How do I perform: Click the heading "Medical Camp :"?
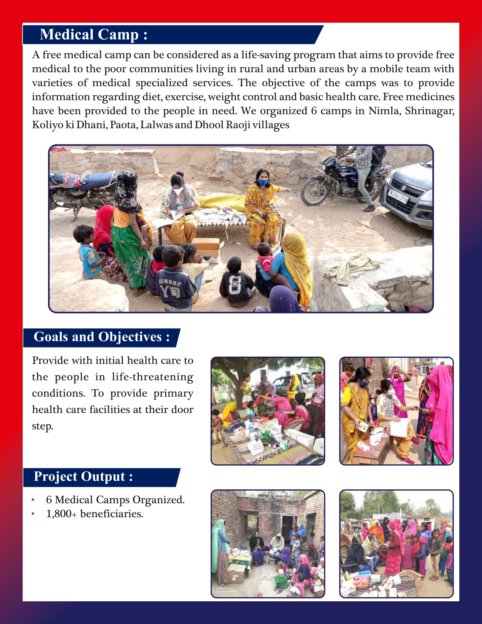pyautogui.click(x=93, y=35)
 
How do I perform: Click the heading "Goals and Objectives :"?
pyautogui.click(x=101, y=337)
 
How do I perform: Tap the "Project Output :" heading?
pyautogui.click(x=83, y=477)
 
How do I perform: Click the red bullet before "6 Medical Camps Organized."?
pyautogui.click(x=33, y=500)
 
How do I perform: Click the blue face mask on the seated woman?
pyautogui.click(x=263, y=183)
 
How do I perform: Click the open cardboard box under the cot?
pyautogui.click(x=206, y=246)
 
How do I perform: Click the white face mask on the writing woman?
pyautogui.click(x=178, y=191)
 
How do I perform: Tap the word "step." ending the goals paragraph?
pyautogui.click(x=42, y=426)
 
